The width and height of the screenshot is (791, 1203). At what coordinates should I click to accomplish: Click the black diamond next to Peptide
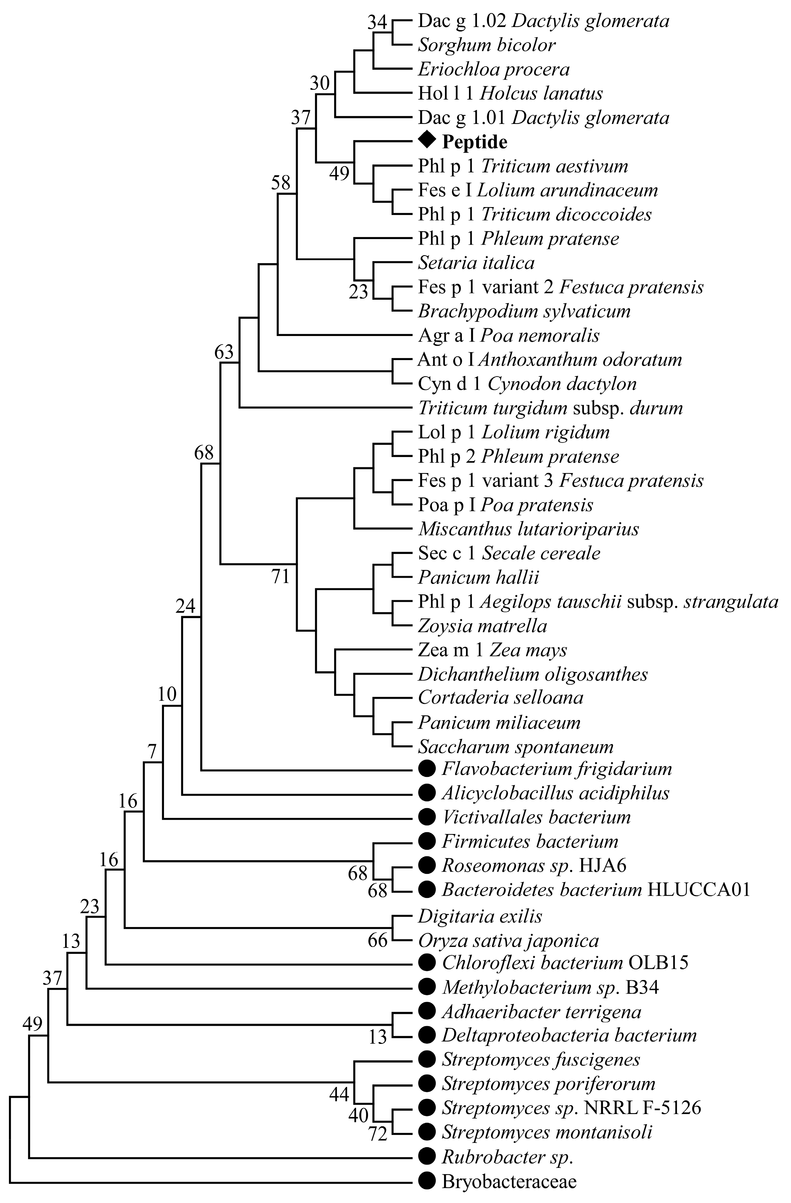point(427,140)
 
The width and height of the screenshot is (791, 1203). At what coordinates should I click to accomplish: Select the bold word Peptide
point(474,142)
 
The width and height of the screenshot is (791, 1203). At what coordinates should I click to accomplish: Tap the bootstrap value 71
point(281,576)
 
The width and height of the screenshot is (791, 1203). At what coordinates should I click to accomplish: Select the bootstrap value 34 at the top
point(377,22)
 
